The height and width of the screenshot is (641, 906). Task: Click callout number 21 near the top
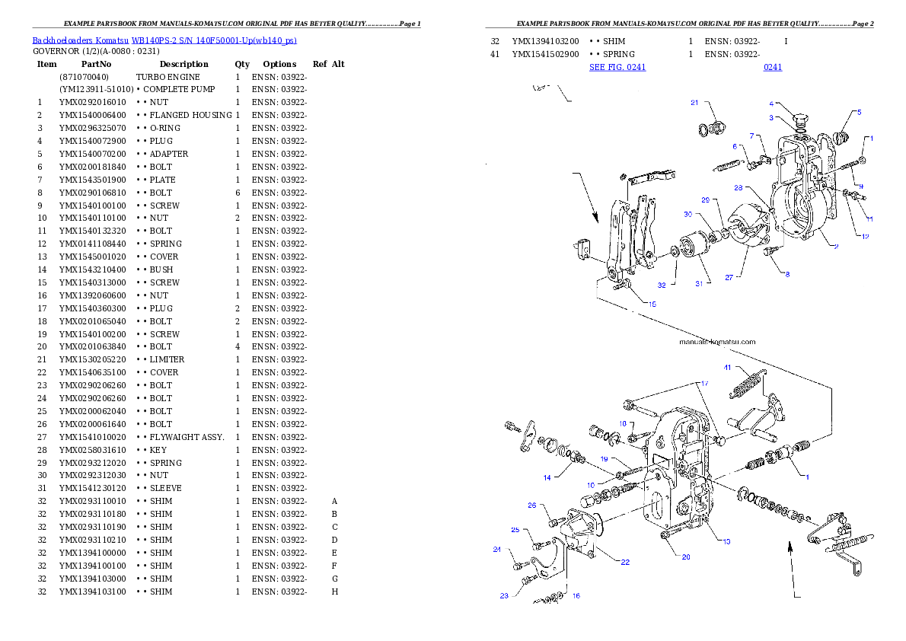[x=694, y=102]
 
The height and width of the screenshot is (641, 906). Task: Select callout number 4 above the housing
[x=771, y=104]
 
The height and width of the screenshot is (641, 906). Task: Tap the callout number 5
[x=860, y=112]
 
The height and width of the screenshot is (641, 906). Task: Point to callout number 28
[x=738, y=187]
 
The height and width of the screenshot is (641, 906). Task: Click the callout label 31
[x=698, y=283]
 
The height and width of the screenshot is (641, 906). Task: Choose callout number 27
[x=729, y=278]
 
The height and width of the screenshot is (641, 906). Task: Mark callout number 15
[x=652, y=304]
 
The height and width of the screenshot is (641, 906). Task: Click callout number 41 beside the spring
[x=727, y=367]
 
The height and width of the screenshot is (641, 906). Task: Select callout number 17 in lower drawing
[x=705, y=383]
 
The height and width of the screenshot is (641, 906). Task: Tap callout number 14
[x=547, y=478]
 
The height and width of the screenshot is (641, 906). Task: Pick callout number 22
[x=625, y=562]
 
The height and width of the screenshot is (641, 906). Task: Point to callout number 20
[x=686, y=557]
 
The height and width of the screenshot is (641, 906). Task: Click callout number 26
[x=532, y=505]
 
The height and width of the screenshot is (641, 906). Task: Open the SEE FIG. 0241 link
[x=617, y=67]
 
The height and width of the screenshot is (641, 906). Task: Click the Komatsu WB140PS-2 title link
[x=164, y=40]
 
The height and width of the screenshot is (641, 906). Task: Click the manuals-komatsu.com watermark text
[x=717, y=342]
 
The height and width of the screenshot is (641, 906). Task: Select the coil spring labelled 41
[x=746, y=384]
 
